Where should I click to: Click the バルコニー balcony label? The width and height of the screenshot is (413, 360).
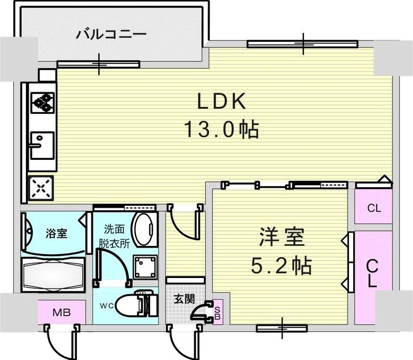[x=112, y=35]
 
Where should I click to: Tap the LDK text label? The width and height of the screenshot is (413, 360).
[x=221, y=102]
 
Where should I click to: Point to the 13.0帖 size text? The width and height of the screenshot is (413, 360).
[x=221, y=129]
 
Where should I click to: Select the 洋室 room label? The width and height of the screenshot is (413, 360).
[x=281, y=239]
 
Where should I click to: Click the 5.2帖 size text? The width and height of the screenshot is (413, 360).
[x=281, y=266]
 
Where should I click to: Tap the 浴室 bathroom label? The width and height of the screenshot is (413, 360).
[x=56, y=233]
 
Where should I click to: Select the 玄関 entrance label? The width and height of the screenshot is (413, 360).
[x=184, y=299]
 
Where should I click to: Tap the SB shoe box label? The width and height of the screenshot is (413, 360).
[x=217, y=312]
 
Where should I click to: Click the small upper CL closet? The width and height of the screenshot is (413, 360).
[x=374, y=208]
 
